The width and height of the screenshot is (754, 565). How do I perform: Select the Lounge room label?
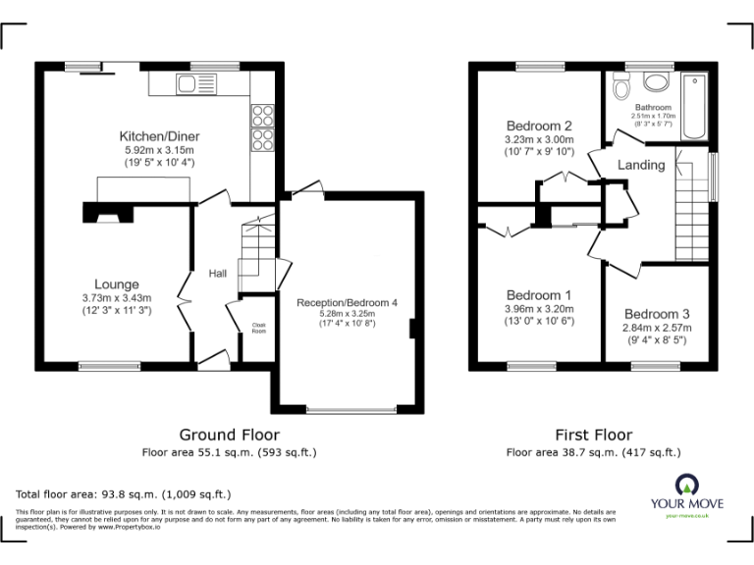(x=117, y=284)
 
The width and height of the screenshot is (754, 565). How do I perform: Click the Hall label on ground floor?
(x=218, y=274)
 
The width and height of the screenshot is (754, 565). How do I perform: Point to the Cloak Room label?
(x=259, y=329)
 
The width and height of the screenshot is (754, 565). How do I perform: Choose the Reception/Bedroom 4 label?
(x=347, y=303)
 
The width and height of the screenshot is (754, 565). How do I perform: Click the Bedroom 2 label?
(x=538, y=126)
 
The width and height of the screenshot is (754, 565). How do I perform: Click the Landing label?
(x=640, y=165)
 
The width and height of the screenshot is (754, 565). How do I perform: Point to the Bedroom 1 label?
(x=538, y=294)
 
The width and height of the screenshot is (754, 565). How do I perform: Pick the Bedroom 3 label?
(x=656, y=314)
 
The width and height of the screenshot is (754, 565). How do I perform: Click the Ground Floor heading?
(x=229, y=435)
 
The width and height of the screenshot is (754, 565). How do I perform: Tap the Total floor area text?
(x=124, y=494)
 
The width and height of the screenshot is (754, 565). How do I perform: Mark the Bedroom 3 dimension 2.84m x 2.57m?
(x=656, y=328)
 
